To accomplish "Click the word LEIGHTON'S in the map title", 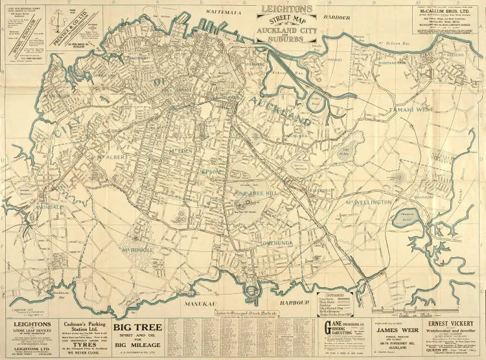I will click(286, 9).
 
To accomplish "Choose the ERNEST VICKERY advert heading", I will click(451, 322).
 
